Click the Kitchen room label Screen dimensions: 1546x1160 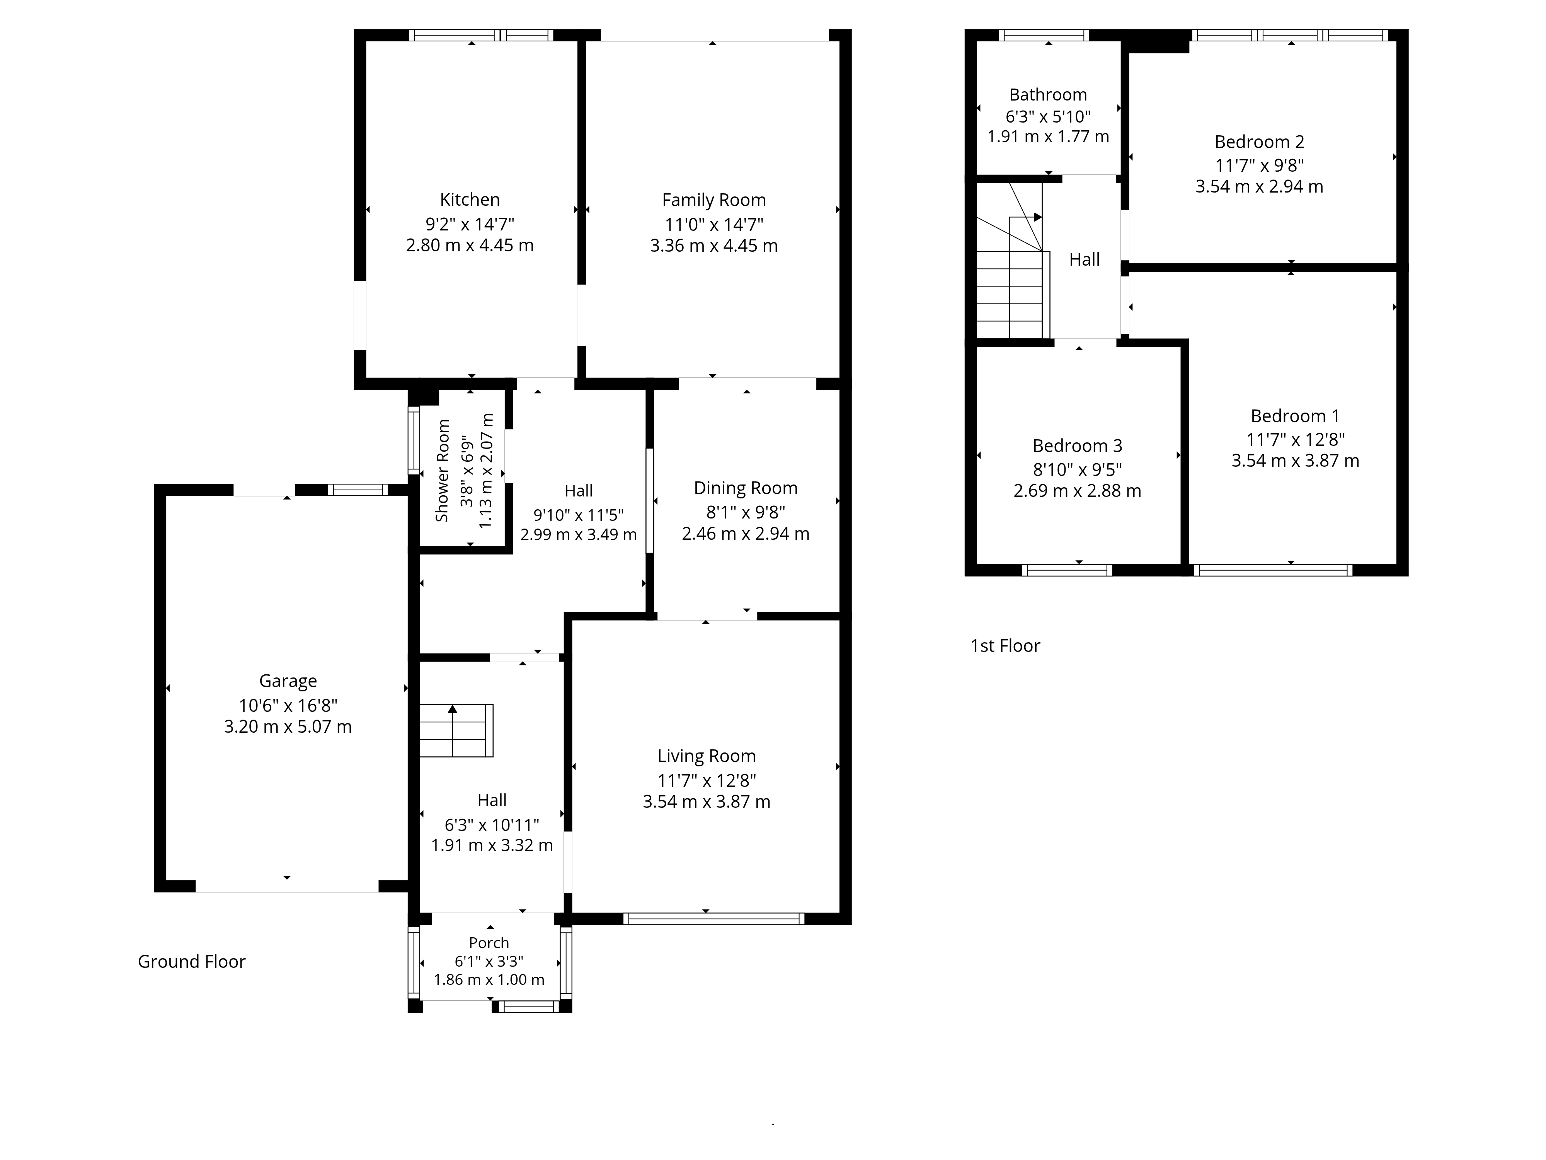point(470,200)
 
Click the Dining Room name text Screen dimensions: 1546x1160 point(746,488)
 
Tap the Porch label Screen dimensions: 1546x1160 point(489,943)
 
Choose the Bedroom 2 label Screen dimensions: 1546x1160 point(1260,142)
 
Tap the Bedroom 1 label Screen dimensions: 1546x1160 point(1295,416)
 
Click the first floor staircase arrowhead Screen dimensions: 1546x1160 point(1038,217)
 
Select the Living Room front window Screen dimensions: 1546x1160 point(713,919)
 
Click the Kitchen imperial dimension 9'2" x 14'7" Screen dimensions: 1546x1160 point(470,224)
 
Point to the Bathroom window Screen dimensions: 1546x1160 point(1044,35)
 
